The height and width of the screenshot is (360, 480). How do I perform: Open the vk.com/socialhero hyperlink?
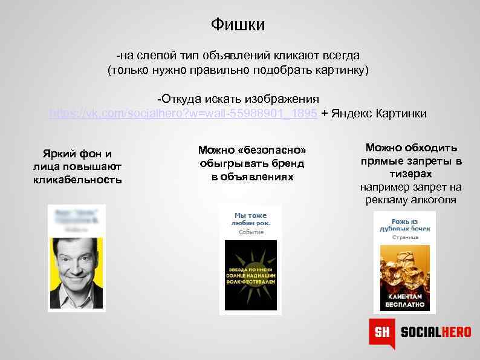tap(183, 113)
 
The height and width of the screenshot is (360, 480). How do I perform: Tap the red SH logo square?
tap(382, 332)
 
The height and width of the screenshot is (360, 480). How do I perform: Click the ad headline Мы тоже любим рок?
tap(250, 219)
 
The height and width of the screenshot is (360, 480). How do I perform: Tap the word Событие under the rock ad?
tap(250, 232)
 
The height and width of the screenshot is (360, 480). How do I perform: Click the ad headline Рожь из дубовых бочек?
tap(404, 225)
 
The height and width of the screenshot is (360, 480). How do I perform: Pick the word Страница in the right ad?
tap(404, 238)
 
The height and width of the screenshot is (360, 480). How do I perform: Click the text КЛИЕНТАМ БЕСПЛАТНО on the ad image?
tap(404, 300)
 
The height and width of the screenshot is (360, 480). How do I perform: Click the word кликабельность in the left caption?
tap(77, 180)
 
